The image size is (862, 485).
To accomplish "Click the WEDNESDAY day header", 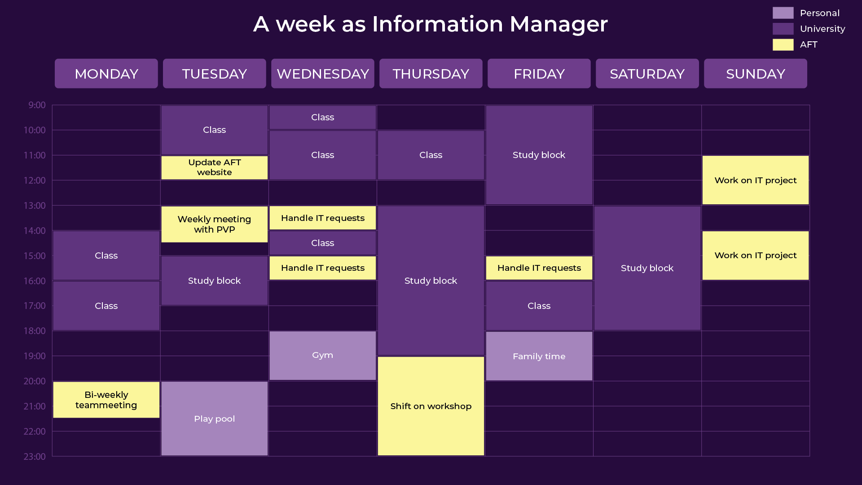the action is pos(322,74).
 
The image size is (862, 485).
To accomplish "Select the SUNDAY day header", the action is pos(755,74).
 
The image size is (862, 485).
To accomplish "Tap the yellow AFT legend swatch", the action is pos(783,44).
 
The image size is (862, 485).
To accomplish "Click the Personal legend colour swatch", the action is pos(783,13).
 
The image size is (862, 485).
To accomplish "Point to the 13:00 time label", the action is pos(35,206).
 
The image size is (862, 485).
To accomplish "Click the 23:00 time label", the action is pos(35,457).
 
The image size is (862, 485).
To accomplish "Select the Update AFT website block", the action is pos(215,168).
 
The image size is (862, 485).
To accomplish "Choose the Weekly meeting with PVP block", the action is pos(215,224).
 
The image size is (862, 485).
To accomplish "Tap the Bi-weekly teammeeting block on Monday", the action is pos(106,400).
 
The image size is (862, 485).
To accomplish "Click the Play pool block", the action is pos(215,419).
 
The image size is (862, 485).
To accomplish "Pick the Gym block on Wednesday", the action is pos(323,356).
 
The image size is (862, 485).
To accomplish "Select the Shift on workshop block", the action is pos(431,406).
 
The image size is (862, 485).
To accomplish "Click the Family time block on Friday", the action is pos(539,356).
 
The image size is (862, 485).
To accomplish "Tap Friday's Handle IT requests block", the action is pos(539,268).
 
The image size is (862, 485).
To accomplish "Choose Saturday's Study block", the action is pos(647,268).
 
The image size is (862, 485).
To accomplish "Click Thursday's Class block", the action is pos(431,155).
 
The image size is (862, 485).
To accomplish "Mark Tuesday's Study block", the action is pos(215,281).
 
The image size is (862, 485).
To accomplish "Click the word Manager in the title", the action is pos(559,24).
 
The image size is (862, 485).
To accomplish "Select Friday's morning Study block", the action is pos(539,155).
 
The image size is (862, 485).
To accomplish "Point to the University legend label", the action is pos(822,29).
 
